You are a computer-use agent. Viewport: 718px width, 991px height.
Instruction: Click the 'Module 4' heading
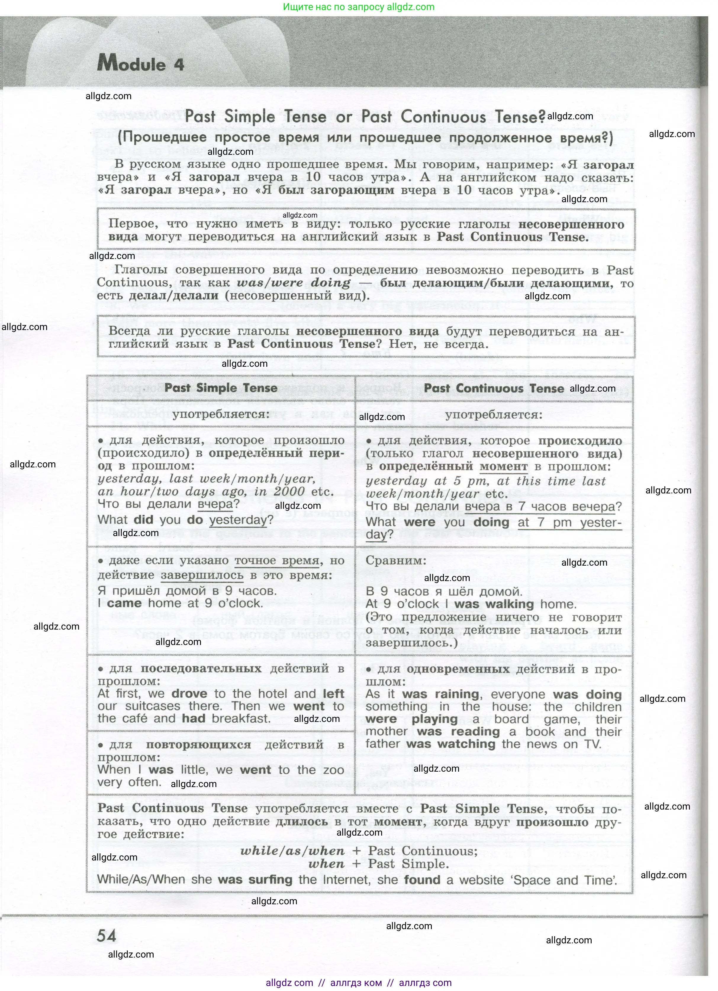tap(141, 64)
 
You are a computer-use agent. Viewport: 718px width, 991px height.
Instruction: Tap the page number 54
tap(107, 936)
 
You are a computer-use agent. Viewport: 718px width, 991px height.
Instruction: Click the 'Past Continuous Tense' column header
tap(494, 388)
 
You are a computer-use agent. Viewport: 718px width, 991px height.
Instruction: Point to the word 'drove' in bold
tap(189, 694)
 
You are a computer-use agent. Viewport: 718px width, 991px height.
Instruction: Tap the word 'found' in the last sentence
tap(422, 880)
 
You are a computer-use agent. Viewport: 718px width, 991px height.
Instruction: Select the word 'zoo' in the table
tap(334, 770)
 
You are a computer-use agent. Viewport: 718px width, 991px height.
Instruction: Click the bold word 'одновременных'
tap(458, 669)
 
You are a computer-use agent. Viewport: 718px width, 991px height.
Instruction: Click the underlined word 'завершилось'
tap(202, 575)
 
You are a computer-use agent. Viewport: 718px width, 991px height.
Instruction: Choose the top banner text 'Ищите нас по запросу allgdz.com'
tap(359, 7)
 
